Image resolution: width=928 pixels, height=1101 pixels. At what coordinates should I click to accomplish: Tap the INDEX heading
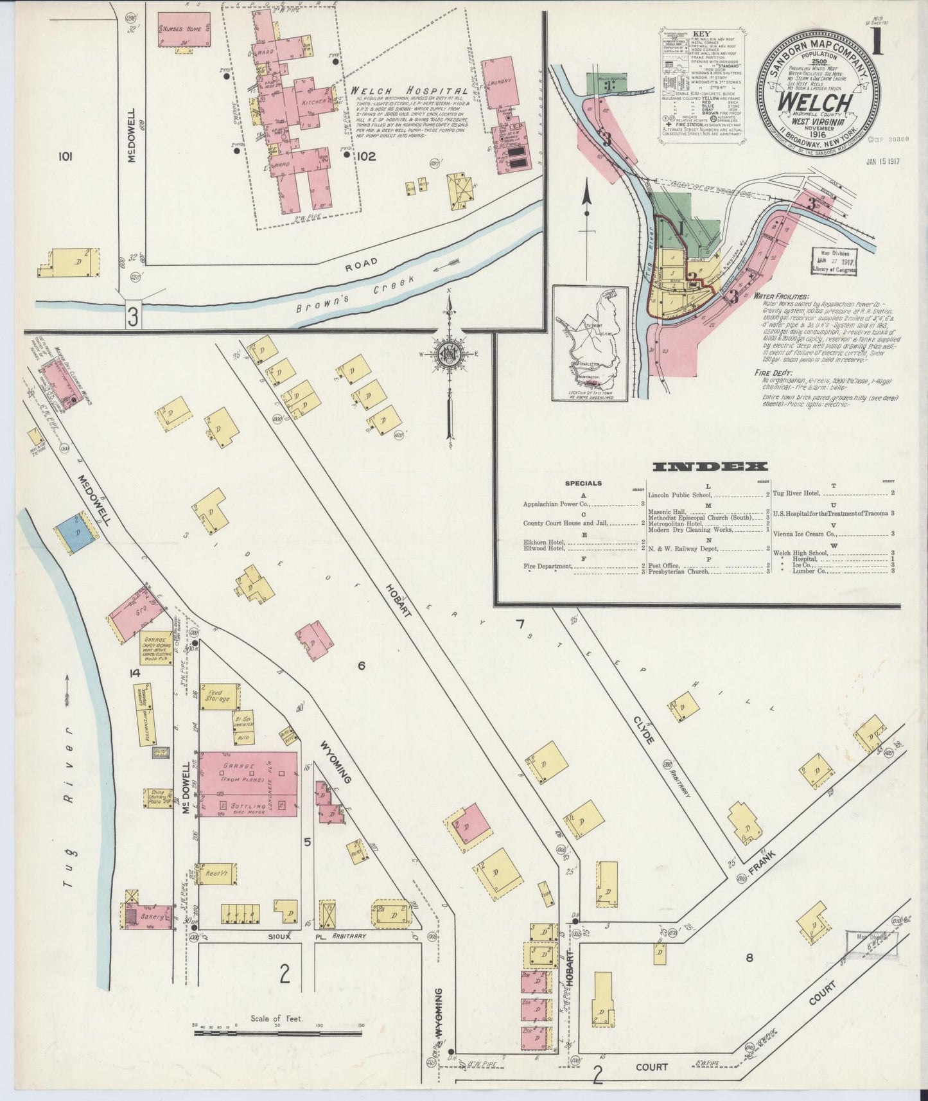tap(710, 467)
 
